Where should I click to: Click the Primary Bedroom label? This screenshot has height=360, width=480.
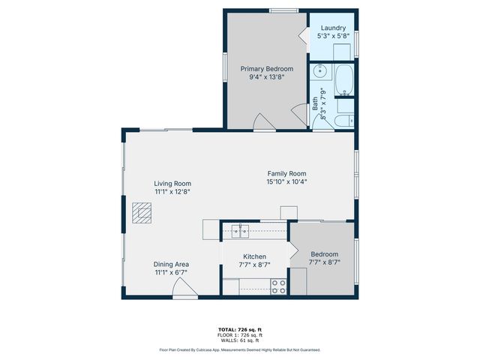tap(267, 68)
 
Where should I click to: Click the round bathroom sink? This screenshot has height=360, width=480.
tap(321, 72)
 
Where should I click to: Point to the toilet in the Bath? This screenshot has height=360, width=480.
tap(344, 121)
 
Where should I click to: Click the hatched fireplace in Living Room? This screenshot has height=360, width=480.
tap(141, 214)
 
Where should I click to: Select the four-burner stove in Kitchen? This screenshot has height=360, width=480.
tap(279, 286)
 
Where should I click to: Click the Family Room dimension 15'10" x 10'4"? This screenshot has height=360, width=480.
tap(286, 181)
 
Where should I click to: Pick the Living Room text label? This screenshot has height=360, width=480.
tap(172, 183)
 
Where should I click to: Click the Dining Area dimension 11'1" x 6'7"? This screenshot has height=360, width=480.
tap(172, 272)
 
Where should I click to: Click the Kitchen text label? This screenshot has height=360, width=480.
tap(254, 256)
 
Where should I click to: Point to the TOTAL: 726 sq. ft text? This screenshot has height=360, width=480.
tap(240, 330)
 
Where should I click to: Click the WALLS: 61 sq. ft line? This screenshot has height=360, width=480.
tap(240, 340)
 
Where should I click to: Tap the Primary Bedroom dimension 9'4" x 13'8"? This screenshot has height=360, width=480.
tap(267, 76)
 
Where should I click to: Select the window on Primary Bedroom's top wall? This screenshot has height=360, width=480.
tap(282, 10)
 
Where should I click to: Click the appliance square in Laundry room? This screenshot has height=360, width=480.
tap(343, 52)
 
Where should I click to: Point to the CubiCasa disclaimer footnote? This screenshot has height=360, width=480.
tap(240, 349)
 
